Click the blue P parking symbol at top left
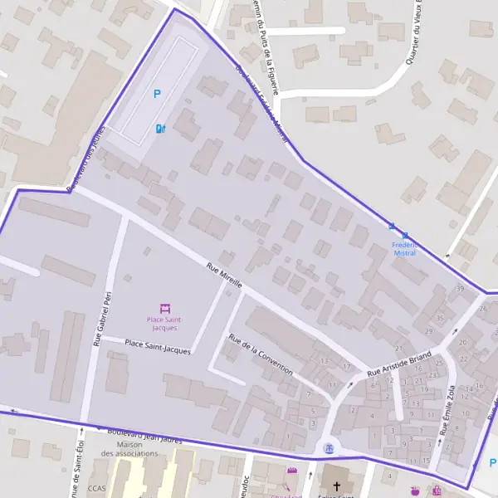157,95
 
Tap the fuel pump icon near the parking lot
159,129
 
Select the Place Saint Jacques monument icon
164,308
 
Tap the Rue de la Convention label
261,355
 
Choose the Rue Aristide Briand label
400,362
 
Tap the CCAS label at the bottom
96,489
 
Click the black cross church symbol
336,484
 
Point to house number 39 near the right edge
460,288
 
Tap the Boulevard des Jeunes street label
88,158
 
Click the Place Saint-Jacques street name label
157,346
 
